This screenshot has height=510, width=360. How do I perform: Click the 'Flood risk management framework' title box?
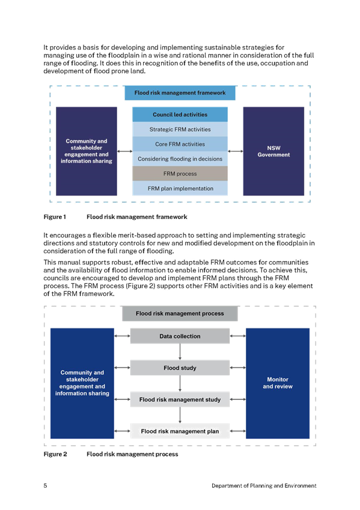click(x=180, y=93)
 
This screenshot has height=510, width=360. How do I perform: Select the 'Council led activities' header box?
click(x=180, y=114)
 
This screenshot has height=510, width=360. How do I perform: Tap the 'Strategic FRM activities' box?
click(x=180, y=129)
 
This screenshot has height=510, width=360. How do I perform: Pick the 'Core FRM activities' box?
click(x=180, y=144)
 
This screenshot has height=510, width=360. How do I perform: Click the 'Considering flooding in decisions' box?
click(x=180, y=159)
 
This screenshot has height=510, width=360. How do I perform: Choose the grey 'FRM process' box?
click(x=180, y=174)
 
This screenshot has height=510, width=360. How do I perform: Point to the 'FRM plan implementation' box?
click(x=180, y=188)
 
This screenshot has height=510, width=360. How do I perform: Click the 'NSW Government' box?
click(x=273, y=151)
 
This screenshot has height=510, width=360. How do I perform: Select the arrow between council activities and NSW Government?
click(x=236, y=151)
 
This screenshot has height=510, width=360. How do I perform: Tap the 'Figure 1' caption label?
click(x=55, y=217)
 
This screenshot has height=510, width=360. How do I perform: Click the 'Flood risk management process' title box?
click(x=180, y=313)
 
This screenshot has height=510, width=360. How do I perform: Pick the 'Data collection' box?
click(x=180, y=336)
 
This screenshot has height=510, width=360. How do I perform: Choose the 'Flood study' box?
click(x=180, y=368)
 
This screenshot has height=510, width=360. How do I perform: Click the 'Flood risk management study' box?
click(x=180, y=399)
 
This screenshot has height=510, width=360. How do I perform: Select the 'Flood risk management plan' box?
click(x=180, y=431)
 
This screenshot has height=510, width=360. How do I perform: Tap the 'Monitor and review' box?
click(x=278, y=383)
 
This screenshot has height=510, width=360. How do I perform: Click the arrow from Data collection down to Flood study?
click(x=180, y=352)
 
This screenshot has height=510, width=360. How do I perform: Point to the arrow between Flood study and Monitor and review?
click(x=238, y=367)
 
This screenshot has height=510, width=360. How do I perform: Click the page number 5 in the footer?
click(x=46, y=485)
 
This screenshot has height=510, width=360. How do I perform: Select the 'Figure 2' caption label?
click(x=55, y=454)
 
